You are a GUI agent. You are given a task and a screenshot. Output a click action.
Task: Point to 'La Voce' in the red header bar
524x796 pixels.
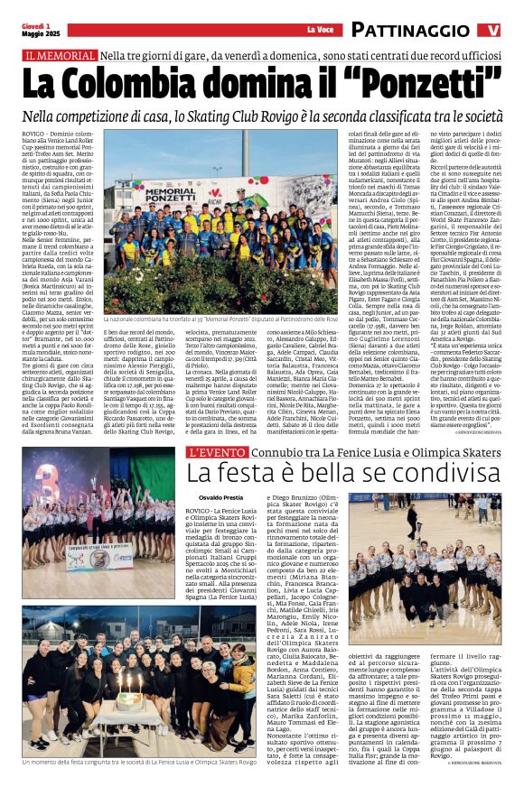[321, 31]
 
